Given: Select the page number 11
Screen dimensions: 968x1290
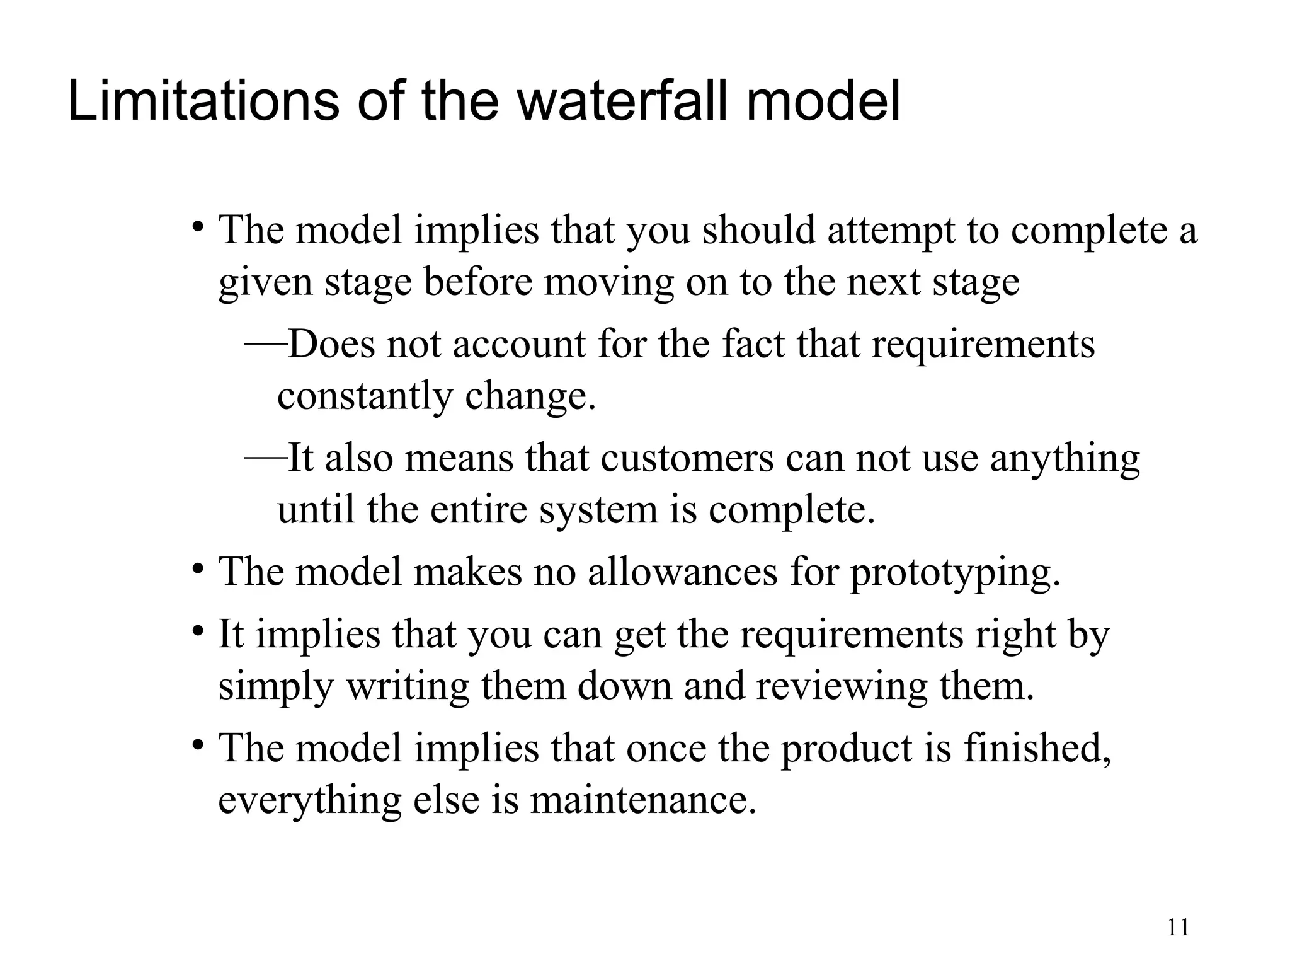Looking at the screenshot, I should coord(1178,928).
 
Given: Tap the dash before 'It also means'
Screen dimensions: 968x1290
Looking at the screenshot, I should coord(266,458).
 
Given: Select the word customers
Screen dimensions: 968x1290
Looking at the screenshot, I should coord(687,458).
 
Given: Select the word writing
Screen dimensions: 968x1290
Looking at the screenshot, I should coord(408,686).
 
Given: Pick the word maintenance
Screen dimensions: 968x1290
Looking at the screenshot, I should coord(642,800).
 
